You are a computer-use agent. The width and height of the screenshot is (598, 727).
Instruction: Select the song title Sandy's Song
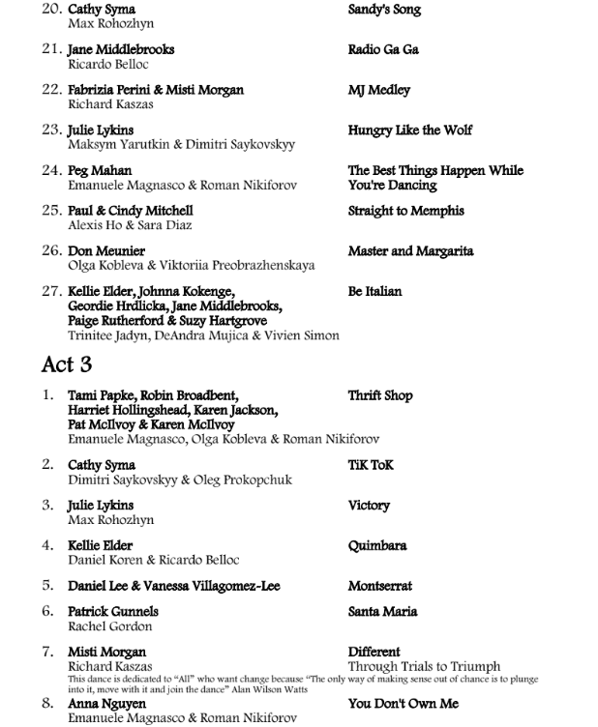384,10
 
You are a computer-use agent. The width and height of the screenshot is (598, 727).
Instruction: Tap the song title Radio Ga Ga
383,49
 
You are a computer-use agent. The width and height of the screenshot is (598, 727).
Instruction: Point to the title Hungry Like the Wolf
410,130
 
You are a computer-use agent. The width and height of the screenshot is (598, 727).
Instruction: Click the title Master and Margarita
411,250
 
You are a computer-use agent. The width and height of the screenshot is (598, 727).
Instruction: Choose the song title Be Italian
374,291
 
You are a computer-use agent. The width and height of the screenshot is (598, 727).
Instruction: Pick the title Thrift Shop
380,395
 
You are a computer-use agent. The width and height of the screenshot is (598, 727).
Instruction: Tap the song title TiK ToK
371,465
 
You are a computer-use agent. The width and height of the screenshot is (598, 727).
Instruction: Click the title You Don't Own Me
404,704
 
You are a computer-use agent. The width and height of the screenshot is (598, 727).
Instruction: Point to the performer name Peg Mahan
100,171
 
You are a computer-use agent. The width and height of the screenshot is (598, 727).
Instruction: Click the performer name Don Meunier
106,251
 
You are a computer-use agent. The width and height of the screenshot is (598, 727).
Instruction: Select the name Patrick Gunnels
113,611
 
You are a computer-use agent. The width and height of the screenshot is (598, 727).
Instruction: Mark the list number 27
51,291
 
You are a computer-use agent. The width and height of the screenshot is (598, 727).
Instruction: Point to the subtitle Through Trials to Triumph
424,666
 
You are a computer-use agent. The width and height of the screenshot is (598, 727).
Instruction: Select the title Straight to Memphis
405,211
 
